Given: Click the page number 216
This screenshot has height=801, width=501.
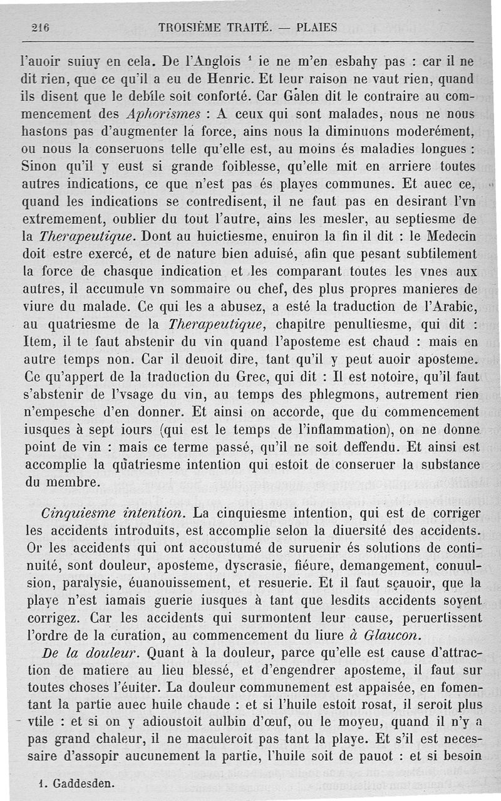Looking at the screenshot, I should [39, 27].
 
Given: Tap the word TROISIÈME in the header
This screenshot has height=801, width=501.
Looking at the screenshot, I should [191, 27].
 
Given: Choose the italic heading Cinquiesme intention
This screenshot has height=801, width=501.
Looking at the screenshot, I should [113, 512].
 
